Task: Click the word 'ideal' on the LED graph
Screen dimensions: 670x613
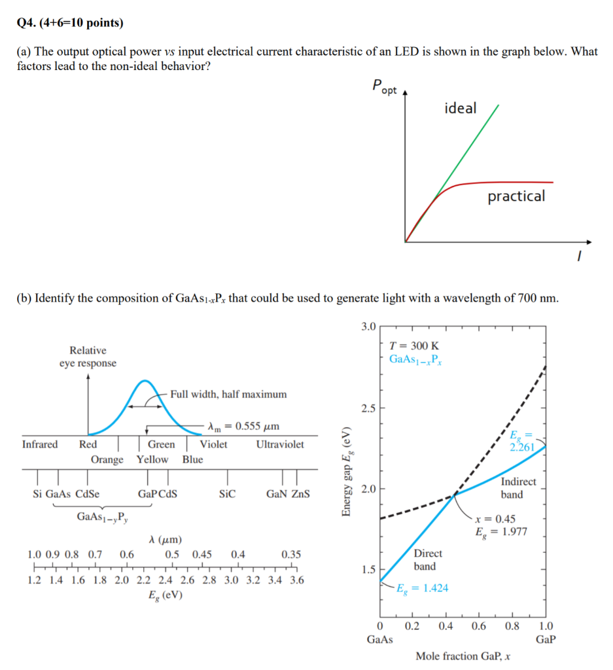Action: (x=461, y=109)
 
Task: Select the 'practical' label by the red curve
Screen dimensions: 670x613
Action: (x=516, y=196)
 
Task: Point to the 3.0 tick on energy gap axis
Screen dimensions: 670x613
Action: (x=368, y=326)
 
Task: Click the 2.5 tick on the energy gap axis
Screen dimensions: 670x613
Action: (x=368, y=409)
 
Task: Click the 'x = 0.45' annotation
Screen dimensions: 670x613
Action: (x=495, y=519)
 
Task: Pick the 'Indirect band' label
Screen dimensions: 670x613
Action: (x=518, y=488)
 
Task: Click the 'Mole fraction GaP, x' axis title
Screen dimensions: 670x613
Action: (x=463, y=656)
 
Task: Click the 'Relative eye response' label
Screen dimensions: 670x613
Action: (x=88, y=357)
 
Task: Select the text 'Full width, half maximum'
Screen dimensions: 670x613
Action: (x=228, y=394)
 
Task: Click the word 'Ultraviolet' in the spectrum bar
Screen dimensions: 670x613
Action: (x=280, y=444)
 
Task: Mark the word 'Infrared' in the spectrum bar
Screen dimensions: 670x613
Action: (x=40, y=444)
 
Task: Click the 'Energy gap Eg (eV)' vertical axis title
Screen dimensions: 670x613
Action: (x=345, y=472)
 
